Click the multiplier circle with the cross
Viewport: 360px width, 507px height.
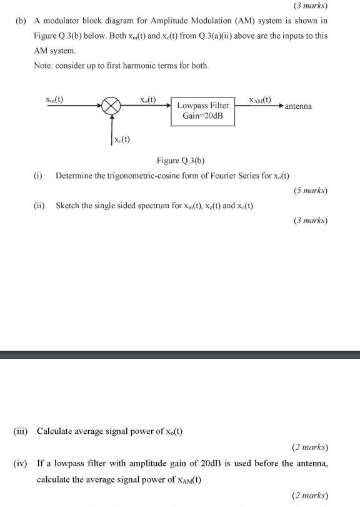(x=111, y=107)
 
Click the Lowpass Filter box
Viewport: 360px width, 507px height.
(x=203, y=111)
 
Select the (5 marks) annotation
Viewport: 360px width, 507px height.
(x=310, y=190)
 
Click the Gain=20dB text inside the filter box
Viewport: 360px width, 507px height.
(x=203, y=117)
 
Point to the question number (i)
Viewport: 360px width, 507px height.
(x=38, y=175)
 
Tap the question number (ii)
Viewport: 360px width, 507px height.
(x=39, y=205)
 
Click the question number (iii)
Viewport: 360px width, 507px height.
(x=23, y=431)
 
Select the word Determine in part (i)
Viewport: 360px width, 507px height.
(x=75, y=175)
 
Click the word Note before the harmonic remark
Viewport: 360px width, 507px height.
(x=44, y=66)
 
